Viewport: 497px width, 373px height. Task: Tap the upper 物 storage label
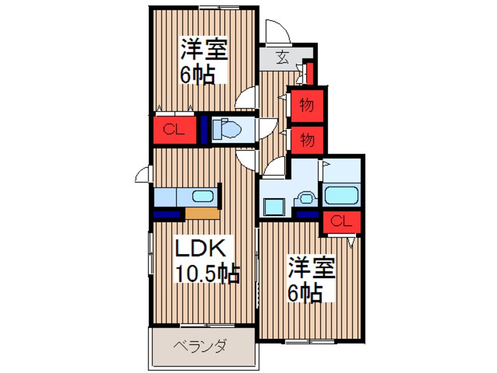coord(306,106)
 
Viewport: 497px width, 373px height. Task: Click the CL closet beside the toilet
coord(174,130)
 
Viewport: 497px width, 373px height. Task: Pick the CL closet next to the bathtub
coord(341,221)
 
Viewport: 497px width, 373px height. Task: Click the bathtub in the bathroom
coord(341,195)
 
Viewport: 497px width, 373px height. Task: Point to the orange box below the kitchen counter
coord(202,212)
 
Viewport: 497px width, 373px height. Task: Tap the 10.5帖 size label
coord(208,273)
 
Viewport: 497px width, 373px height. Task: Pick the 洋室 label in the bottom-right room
coord(311,269)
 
